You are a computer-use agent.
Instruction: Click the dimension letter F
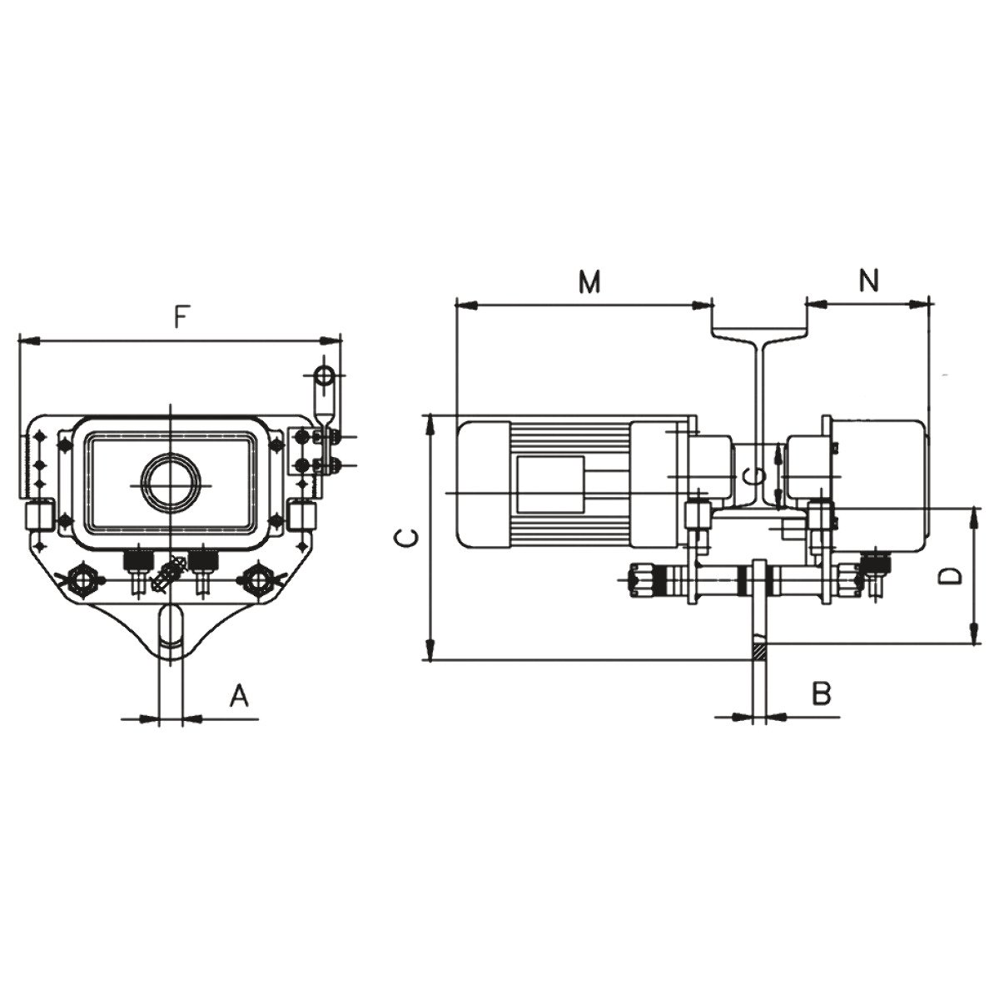coord(179,317)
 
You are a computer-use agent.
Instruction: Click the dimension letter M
coord(589,282)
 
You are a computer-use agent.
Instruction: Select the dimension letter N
coord(869,281)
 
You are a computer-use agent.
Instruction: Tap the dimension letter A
coord(239,696)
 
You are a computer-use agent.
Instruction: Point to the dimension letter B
coord(822,693)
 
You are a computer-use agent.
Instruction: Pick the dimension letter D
coord(952,575)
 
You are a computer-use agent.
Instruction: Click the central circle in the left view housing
coord(171,485)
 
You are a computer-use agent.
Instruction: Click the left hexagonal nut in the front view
coord(82,578)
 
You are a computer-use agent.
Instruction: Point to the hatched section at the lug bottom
coord(759,652)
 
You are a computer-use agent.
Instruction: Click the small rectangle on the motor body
coord(550,485)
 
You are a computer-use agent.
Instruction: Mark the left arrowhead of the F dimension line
coord(29,340)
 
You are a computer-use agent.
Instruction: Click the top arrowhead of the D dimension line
coord(975,517)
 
